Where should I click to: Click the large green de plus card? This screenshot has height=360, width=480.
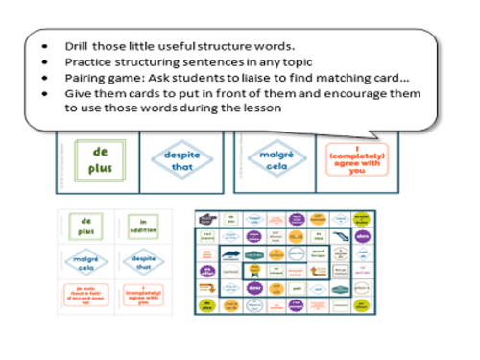(99, 160)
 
